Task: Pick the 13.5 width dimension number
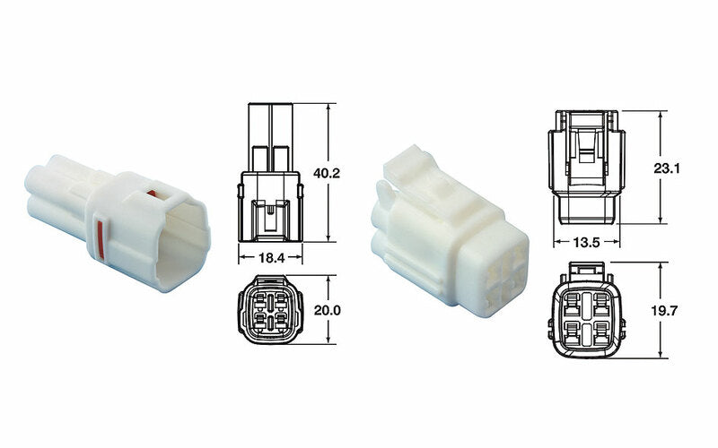[x=585, y=242]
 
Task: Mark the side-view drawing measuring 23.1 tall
[x=585, y=166]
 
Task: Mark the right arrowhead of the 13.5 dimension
[x=617, y=242]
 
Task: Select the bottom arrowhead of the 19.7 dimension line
[x=661, y=355]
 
